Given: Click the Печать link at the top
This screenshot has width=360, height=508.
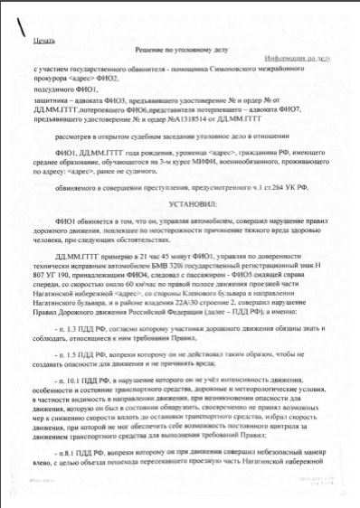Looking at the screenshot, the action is [44, 42].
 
